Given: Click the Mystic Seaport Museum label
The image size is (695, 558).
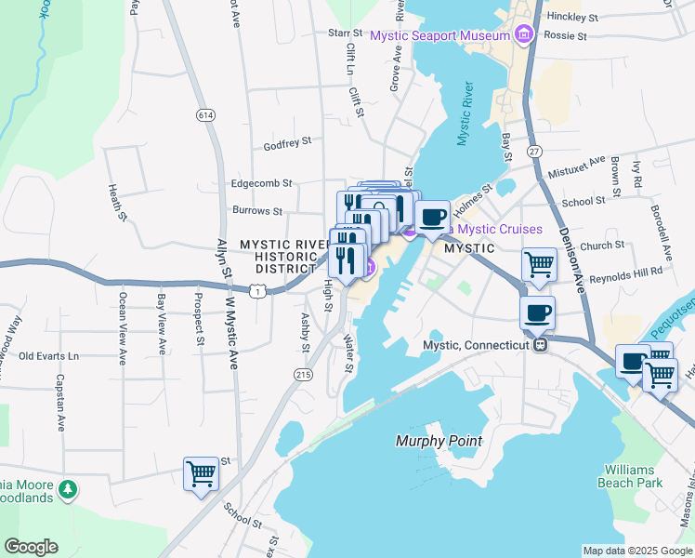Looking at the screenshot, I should click(x=440, y=35).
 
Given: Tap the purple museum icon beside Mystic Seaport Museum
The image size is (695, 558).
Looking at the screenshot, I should click(x=524, y=35).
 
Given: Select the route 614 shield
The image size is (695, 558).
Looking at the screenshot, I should click(x=205, y=114).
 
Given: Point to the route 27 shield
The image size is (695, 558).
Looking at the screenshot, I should click(x=533, y=151).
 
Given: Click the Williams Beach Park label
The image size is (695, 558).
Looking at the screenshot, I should click(x=630, y=476).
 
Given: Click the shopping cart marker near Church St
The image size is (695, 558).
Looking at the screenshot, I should click(x=539, y=264).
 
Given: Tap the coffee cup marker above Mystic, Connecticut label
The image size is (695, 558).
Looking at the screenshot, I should click(x=537, y=313).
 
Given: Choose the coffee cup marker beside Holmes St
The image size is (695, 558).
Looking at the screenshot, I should click(x=432, y=218).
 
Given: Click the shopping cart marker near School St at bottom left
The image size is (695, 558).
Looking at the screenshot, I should click(x=201, y=473).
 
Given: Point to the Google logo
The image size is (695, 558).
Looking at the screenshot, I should click(x=31, y=547).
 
